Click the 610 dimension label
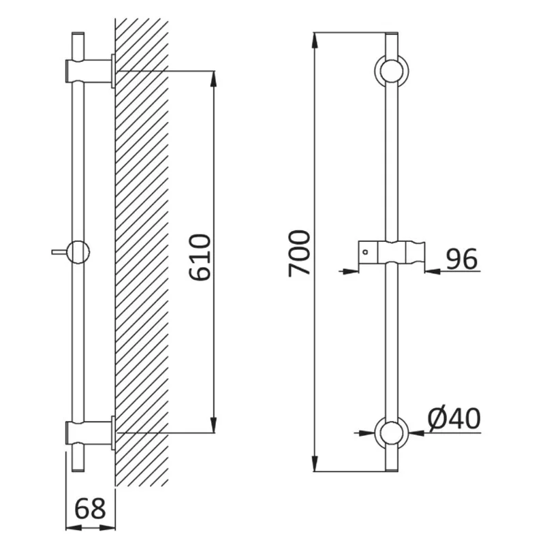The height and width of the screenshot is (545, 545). click(x=200, y=258)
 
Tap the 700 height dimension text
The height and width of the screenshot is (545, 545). click(x=299, y=253)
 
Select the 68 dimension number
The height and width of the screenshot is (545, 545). click(x=90, y=509)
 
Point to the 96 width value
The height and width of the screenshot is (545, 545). click(x=462, y=259)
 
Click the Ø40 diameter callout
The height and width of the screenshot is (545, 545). click(x=454, y=419)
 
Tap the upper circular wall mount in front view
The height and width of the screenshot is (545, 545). click(x=391, y=71)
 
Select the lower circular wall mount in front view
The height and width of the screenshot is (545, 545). click(x=391, y=433)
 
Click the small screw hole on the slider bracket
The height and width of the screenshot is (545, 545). click(x=365, y=252)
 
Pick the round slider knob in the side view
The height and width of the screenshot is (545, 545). click(x=78, y=252)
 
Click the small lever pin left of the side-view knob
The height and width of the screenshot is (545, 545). click(x=59, y=252)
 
